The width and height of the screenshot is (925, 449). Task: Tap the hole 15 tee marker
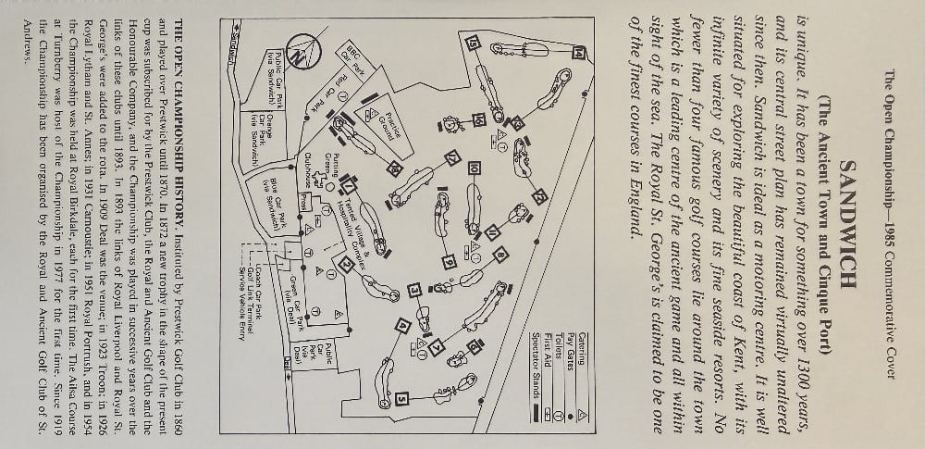472,43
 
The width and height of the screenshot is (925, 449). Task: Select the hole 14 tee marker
580,53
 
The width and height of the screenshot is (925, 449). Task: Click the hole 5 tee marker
403,400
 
